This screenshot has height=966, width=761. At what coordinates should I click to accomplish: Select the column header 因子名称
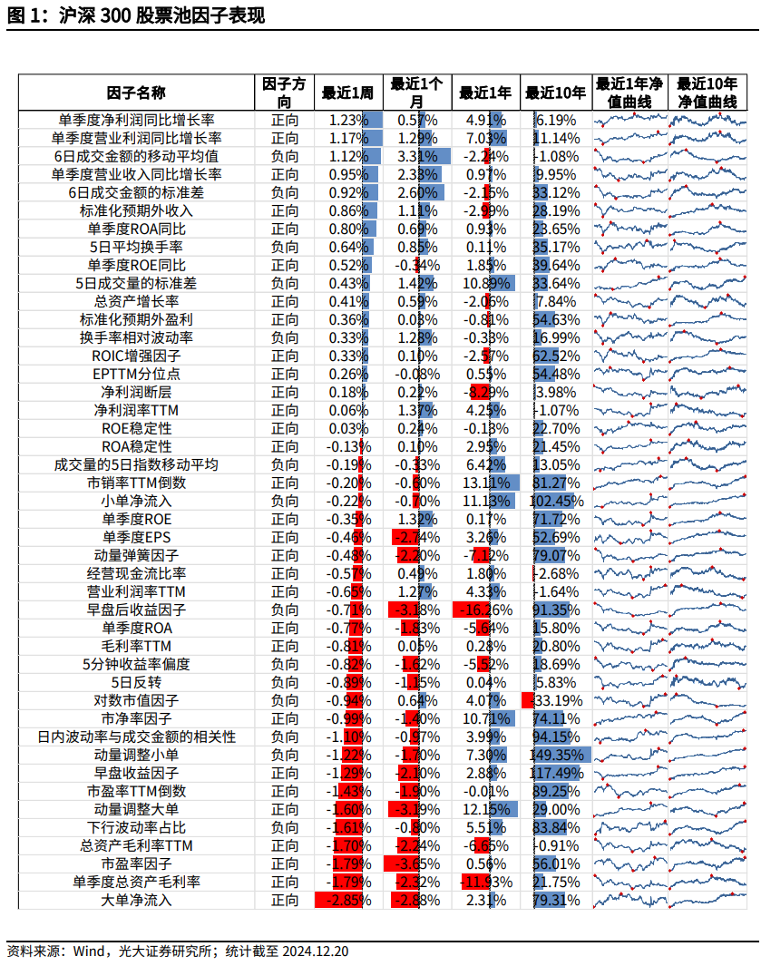(x=136, y=93)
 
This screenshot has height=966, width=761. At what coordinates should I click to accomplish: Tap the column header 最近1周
(x=347, y=93)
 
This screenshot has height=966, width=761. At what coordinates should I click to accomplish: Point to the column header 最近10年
(x=555, y=93)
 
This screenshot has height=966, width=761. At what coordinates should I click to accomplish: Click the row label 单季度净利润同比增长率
(x=136, y=120)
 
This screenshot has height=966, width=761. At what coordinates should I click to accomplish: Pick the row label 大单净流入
(x=136, y=900)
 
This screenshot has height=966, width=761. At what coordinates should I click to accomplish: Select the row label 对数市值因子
(x=136, y=700)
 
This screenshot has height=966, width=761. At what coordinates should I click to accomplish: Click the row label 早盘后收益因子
(x=136, y=610)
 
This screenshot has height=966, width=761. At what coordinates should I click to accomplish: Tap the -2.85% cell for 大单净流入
(x=347, y=900)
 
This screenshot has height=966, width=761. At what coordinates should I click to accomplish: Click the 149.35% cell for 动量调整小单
(x=555, y=755)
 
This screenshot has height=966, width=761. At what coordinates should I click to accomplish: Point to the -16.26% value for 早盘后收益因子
(x=485, y=610)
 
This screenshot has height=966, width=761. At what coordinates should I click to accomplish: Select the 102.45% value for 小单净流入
(x=555, y=501)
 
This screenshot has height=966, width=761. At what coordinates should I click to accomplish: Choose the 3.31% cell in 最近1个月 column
(x=417, y=156)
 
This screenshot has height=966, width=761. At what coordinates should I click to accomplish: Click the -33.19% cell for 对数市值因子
(x=555, y=700)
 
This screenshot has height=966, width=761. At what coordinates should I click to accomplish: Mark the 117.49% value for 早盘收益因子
(x=555, y=773)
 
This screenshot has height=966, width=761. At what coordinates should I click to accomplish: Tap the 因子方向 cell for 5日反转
(x=284, y=682)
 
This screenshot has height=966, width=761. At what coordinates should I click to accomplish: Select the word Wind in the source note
(x=90, y=951)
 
